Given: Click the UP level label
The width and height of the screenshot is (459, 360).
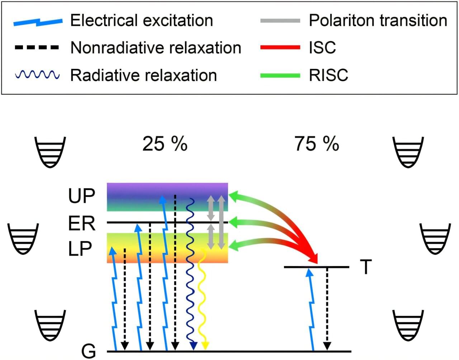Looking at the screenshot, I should coord(82,196).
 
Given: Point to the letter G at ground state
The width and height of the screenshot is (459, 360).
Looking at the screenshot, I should coord(89,351).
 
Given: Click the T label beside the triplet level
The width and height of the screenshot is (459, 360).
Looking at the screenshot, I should coord(366,267).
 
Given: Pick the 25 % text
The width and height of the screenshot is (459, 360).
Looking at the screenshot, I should coord(165,144).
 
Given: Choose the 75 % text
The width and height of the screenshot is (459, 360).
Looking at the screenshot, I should coord(317,144).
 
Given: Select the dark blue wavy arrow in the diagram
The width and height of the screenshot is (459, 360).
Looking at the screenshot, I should coord(190,273).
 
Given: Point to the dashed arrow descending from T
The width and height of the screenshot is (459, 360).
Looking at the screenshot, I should coord(327,308).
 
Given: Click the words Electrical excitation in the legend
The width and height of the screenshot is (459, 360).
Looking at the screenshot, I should coord(141,20).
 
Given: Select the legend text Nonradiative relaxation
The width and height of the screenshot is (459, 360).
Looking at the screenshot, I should coord(156,48).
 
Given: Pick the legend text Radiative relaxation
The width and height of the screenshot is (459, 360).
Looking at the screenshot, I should coord(143,75).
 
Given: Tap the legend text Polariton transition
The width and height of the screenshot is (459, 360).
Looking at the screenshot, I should coord(378,20).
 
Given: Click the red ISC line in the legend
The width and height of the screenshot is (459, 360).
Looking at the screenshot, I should coord(280,47).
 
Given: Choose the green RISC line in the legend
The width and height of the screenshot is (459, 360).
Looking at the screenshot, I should coord(280,75).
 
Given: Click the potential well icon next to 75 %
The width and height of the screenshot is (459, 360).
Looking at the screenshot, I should coord(408,152).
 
